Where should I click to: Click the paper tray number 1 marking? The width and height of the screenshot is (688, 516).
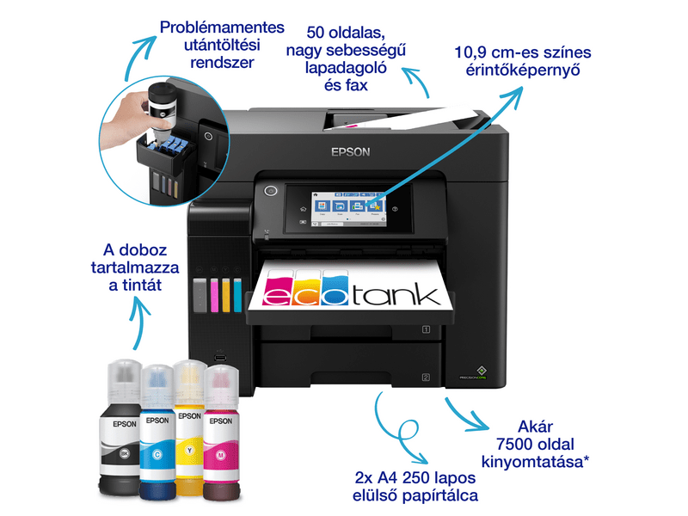[425, 329]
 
